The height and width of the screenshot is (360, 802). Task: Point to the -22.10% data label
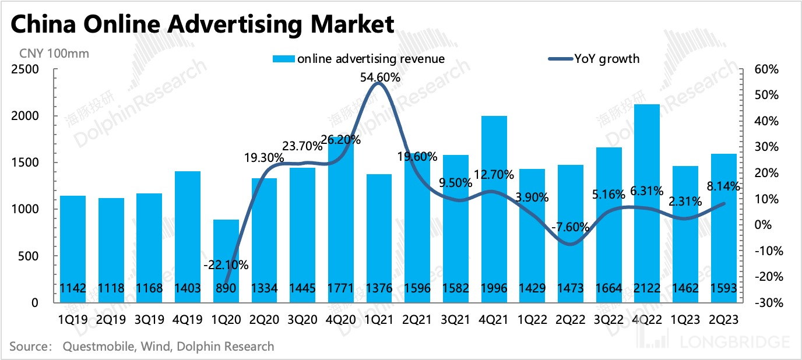point(226,265)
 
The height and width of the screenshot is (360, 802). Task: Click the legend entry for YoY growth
point(606,58)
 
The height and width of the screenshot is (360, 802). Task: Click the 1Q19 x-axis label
point(72,320)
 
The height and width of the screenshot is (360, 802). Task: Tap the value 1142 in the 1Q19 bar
point(72,288)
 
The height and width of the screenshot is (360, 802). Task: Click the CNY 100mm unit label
point(54,54)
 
